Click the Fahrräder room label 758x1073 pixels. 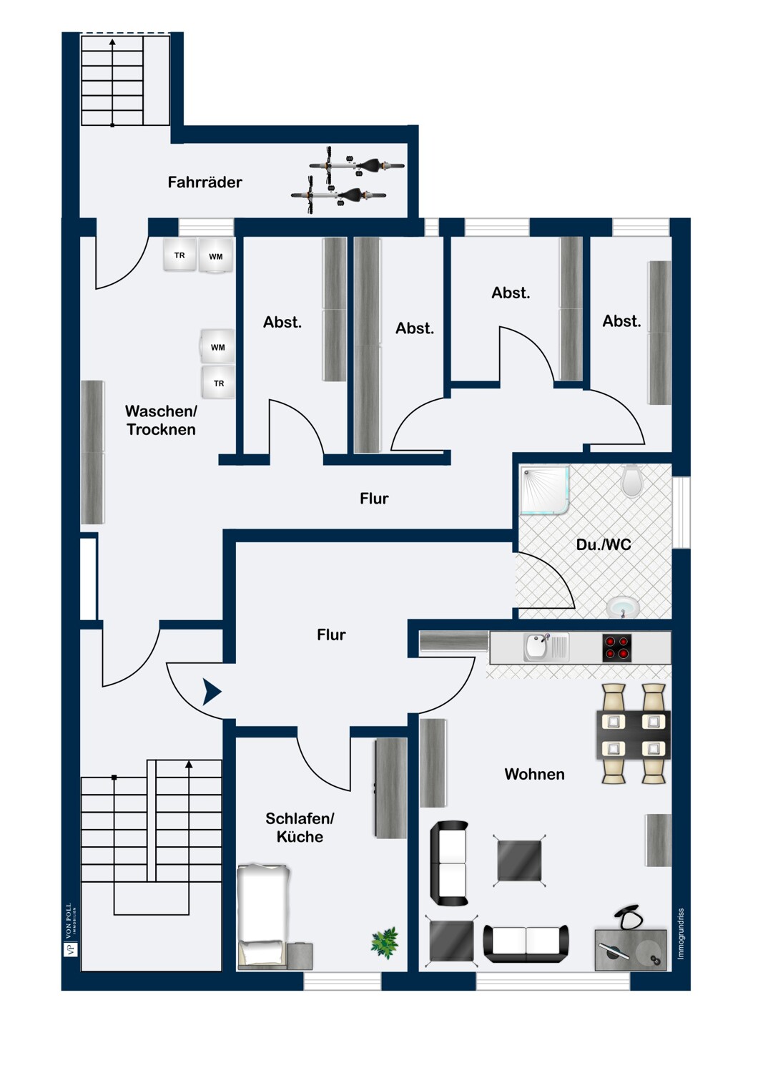click(205, 182)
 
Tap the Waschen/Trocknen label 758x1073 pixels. click(161, 421)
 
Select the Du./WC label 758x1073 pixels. click(604, 544)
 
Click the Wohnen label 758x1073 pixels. click(534, 774)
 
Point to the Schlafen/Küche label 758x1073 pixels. click(300, 828)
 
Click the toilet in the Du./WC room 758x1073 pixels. click(631, 481)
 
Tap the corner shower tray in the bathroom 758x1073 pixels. click(544, 490)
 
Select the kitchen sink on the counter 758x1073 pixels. click(538, 647)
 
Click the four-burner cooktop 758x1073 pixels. click(616, 648)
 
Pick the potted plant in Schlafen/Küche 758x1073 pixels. click(385, 942)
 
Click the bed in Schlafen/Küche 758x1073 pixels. click(263, 916)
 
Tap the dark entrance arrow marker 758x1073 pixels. click(212, 692)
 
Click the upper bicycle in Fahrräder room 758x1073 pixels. click(358, 166)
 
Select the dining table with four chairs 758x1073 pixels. click(634, 734)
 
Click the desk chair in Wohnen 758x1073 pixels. click(627, 917)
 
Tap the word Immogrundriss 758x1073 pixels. click(681, 934)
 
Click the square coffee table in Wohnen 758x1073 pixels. click(519, 861)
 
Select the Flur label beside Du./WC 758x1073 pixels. click(374, 499)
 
